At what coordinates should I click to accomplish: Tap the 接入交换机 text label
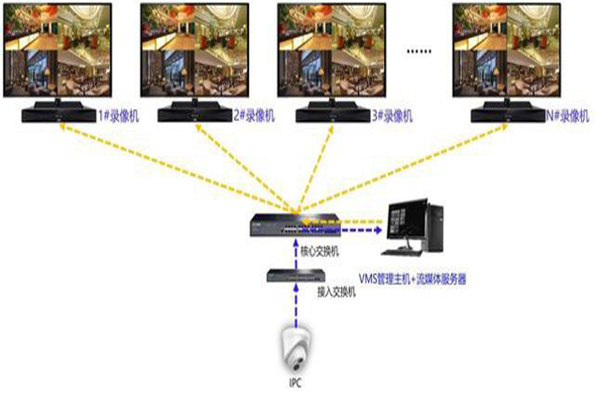tap(334, 293)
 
